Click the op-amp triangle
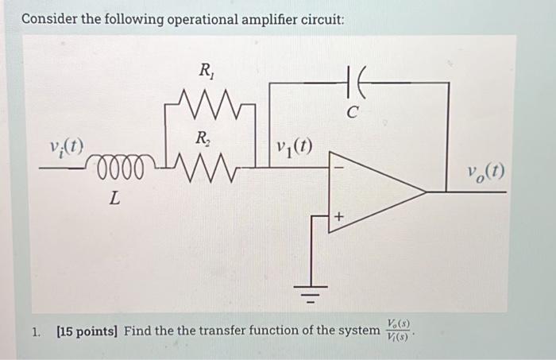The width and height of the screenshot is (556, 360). [373, 192]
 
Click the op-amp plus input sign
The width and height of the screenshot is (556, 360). [339, 215]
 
